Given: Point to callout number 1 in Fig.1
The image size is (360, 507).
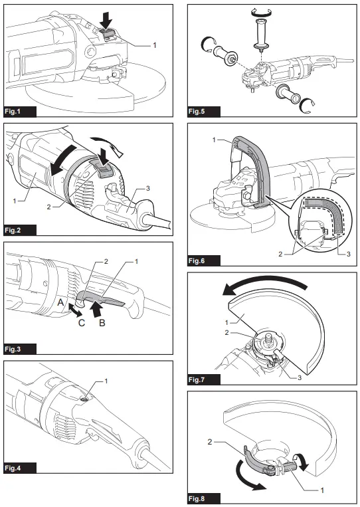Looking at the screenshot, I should pyautogui.click(x=155, y=45).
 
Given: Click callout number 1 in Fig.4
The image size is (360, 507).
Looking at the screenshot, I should pyautogui.click(x=105, y=381).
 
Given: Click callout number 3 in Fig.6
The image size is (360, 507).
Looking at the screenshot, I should pyautogui.click(x=339, y=254).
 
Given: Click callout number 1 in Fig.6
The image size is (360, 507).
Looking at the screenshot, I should pyautogui.click(x=214, y=140).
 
